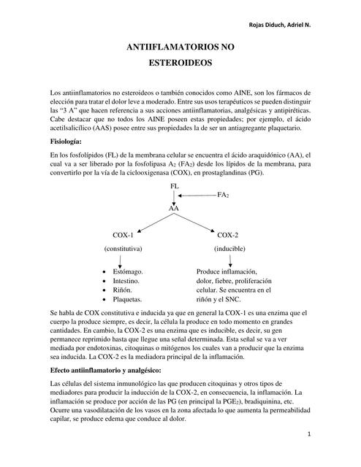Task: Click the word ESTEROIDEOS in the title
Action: click(180, 63)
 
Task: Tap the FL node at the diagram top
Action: click(175, 188)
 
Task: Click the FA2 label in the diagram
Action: click(224, 196)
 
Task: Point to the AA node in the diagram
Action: click(174, 209)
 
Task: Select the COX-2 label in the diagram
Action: click(227, 235)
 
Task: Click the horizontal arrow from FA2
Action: click(197, 196)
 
